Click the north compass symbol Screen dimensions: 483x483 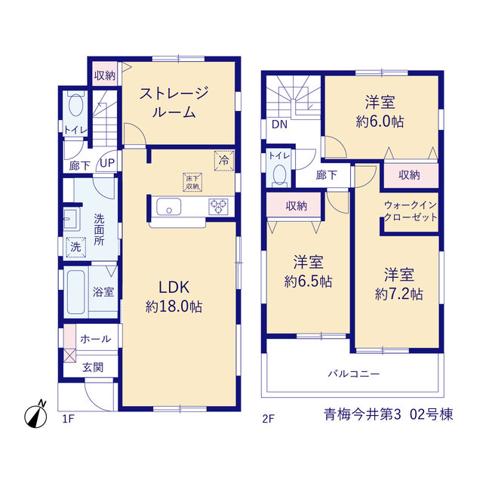coord(35,414)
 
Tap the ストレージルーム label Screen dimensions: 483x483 coord(174,103)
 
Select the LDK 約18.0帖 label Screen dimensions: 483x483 coord(174,297)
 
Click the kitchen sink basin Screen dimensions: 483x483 coord(169,206)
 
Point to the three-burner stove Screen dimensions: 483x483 coord(218,206)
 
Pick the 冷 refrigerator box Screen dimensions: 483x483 coord(224,161)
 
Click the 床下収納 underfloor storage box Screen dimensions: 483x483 coord(192,183)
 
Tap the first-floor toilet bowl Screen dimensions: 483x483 coord(75,104)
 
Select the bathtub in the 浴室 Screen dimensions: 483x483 coord(75,292)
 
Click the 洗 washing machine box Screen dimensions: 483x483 coord(75,247)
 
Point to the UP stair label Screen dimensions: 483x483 coord(107,163)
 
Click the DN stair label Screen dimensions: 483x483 coord(279,124)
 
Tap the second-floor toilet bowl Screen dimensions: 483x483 coord(280,175)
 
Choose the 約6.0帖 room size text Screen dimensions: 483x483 coord(380,122)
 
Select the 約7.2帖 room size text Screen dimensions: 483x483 coord(399,294)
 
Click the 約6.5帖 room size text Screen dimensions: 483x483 coord(308,281)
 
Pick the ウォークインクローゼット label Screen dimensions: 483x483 coord(411,211)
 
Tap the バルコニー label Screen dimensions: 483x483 coord(354,374)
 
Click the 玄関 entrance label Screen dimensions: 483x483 coord(93,368)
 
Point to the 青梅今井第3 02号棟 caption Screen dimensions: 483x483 coord(389,414)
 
